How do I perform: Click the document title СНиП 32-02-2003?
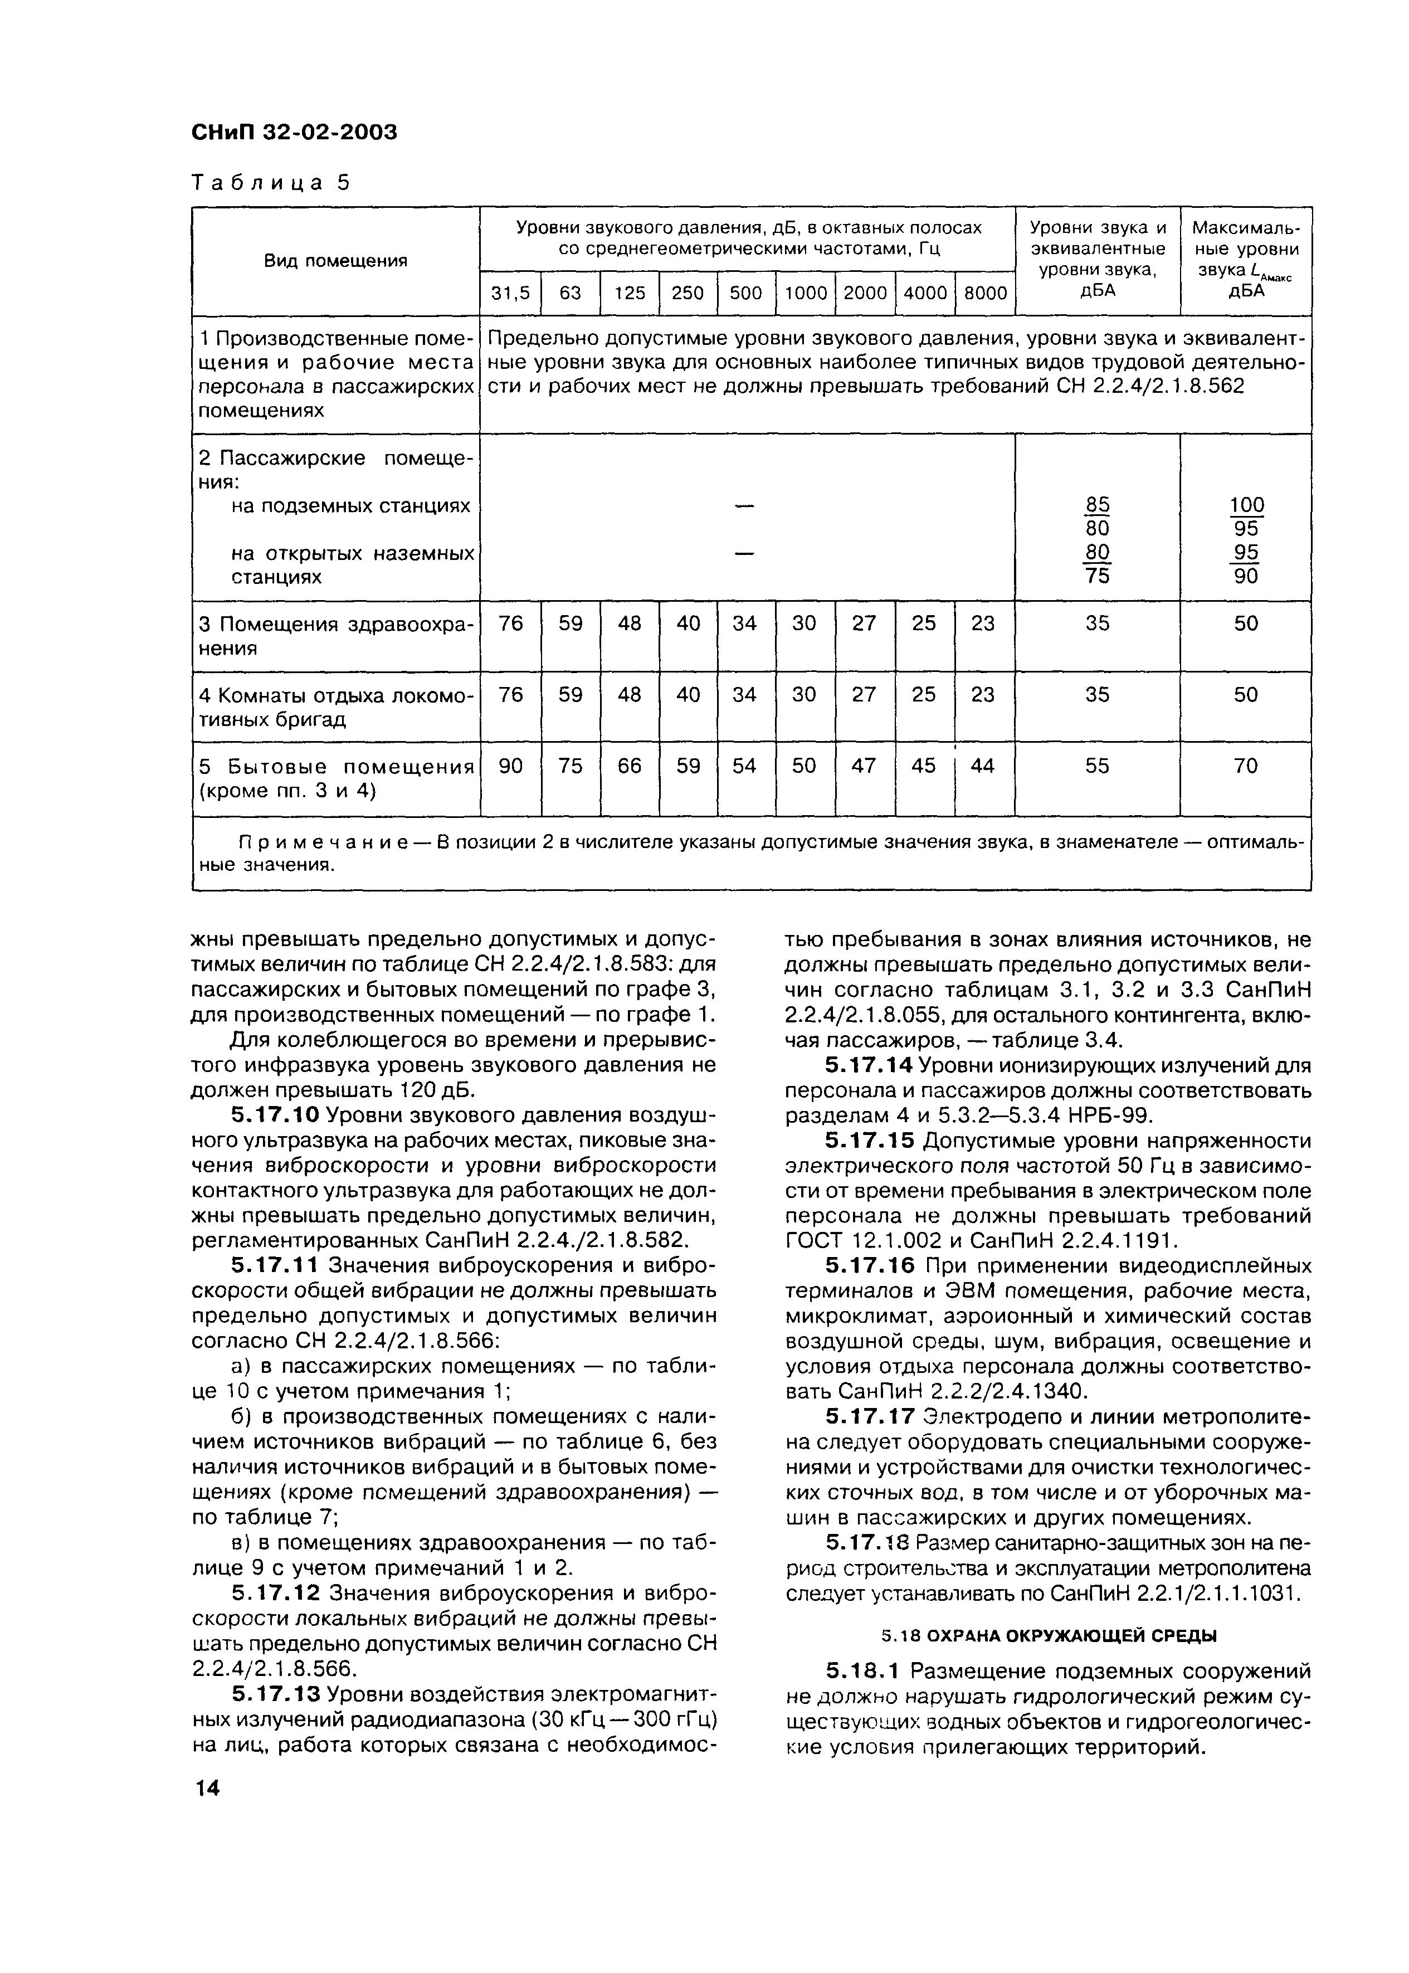293,133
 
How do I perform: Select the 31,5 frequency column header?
510,293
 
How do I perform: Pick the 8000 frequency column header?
984,293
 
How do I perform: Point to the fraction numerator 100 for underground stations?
1247,504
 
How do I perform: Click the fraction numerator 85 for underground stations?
1098,504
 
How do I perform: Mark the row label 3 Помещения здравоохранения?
335,636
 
